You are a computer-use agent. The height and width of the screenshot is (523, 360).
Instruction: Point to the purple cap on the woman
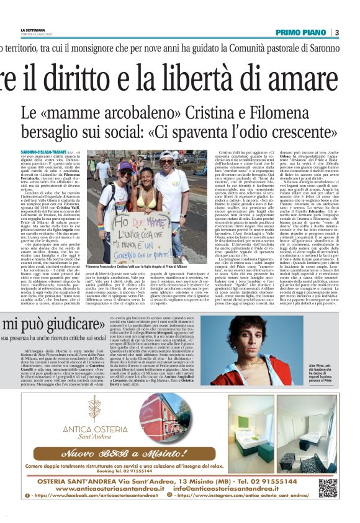click(125, 165)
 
